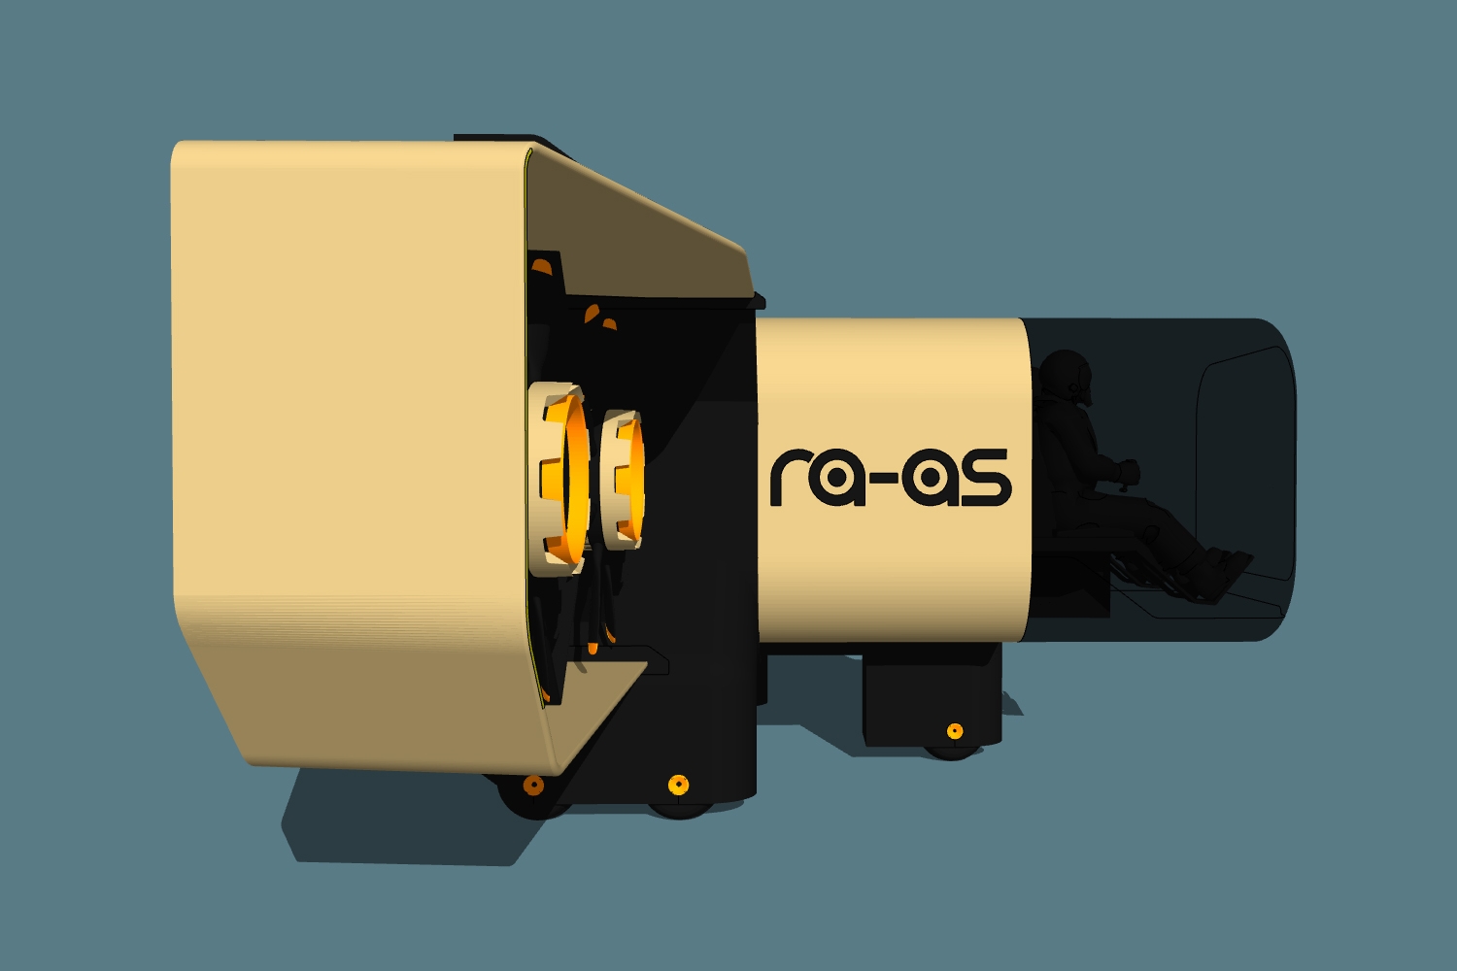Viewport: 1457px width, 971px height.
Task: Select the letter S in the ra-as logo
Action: point(986,478)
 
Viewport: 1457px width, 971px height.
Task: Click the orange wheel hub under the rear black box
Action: point(955,731)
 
